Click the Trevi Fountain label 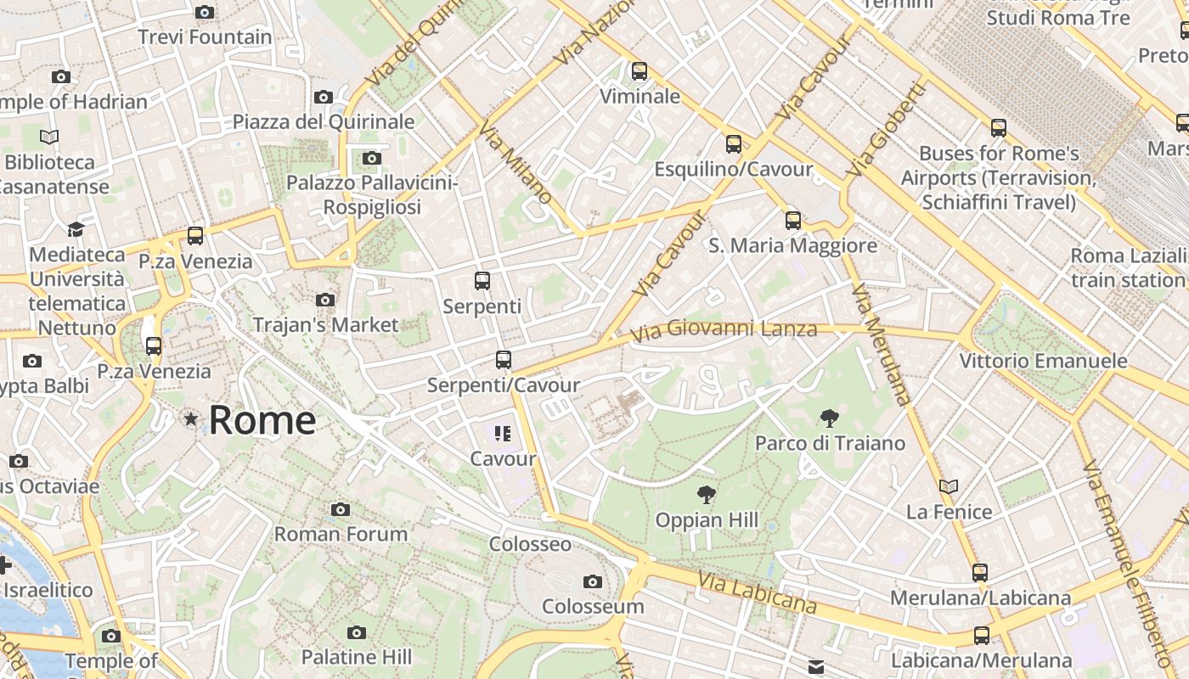pos(205,37)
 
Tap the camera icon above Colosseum pos(593,581)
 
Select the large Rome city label pos(262,420)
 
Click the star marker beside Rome pos(191,418)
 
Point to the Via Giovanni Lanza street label pos(724,329)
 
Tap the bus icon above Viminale pos(640,71)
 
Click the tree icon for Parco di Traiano pos(830,418)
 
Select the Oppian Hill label pos(707,519)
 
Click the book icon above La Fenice pos(949,486)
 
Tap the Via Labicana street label pos(758,592)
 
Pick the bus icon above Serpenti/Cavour pos(504,360)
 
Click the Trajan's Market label pos(325,324)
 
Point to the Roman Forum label pos(341,534)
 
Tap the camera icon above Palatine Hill pos(357,632)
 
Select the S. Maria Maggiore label pos(792,245)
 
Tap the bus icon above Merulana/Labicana pos(980,572)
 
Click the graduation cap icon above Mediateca pos(76,229)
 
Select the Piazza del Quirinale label pos(324,121)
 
